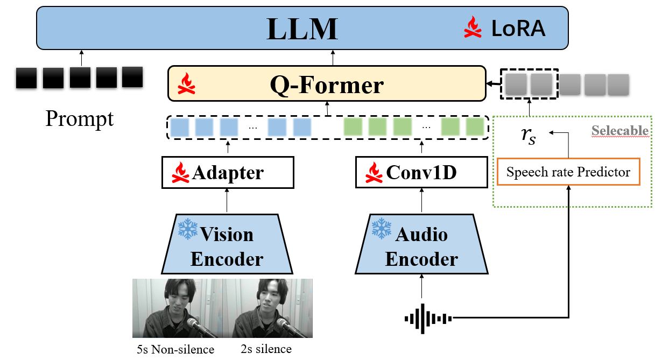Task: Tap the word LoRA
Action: coord(518,29)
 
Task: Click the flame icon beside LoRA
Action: coord(473,27)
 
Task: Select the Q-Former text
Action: coord(327,85)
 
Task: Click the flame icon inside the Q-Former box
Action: coord(186,84)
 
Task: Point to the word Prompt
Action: coord(80,118)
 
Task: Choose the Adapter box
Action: coord(228,173)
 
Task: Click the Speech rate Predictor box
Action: coord(568,172)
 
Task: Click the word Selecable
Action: coord(619,131)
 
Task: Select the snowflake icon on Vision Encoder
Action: coord(188,229)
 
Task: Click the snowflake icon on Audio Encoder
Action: coord(382,228)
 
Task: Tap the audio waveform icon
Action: coord(428,317)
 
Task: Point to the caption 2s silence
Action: coord(266,349)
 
